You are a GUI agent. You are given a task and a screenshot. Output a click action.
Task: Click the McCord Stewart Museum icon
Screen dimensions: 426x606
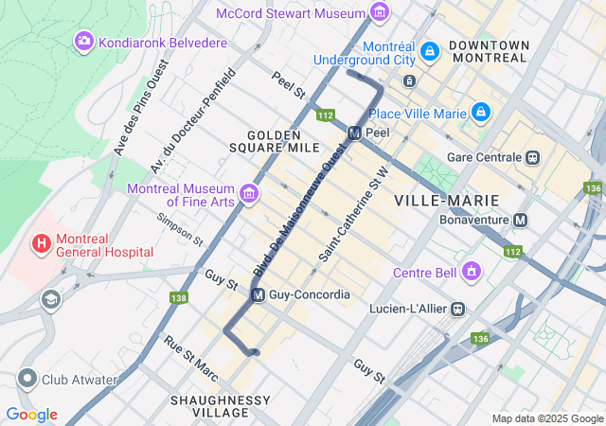(x=380, y=13)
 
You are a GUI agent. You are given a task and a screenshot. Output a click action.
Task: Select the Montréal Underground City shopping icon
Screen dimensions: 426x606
(x=429, y=50)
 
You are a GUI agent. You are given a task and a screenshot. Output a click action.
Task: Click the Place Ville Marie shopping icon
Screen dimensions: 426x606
(x=481, y=114)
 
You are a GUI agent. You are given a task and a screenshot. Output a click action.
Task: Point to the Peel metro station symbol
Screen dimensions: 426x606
(x=354, y=133)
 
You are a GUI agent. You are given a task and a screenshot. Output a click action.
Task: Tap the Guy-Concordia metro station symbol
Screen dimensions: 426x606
(x=258, y=295)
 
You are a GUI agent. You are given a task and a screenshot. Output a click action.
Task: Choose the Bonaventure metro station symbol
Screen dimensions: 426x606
(x=520, y=220)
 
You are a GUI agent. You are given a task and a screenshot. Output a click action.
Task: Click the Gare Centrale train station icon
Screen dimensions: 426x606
(x=534, y=156)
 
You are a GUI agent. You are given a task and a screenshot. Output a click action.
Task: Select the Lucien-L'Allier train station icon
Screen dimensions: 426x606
(x=457, y=309)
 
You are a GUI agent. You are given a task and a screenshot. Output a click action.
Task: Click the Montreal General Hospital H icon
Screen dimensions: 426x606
(x=42, y=244)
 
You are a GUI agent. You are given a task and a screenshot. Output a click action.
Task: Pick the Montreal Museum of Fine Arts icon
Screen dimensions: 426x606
(x=249, y=193)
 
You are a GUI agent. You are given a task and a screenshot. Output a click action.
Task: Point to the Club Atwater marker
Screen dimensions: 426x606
(x=27, y=380)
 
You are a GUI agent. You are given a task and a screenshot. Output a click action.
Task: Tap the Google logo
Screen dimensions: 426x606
(x=31, y=415)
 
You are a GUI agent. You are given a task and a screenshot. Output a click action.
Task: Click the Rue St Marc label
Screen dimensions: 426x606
(x=191, y=360)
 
